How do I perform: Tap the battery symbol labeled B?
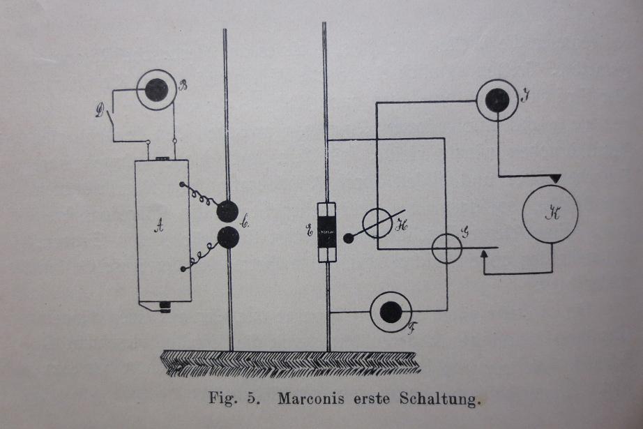156,90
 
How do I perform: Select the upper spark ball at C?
227,211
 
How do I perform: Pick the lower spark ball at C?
227,238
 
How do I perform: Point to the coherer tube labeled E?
326,232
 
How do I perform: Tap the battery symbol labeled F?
391,312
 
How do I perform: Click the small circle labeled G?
446,248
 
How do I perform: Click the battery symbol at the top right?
497,100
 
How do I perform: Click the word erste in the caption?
370,400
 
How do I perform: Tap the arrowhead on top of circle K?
554,180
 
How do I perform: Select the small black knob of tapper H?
349,239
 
